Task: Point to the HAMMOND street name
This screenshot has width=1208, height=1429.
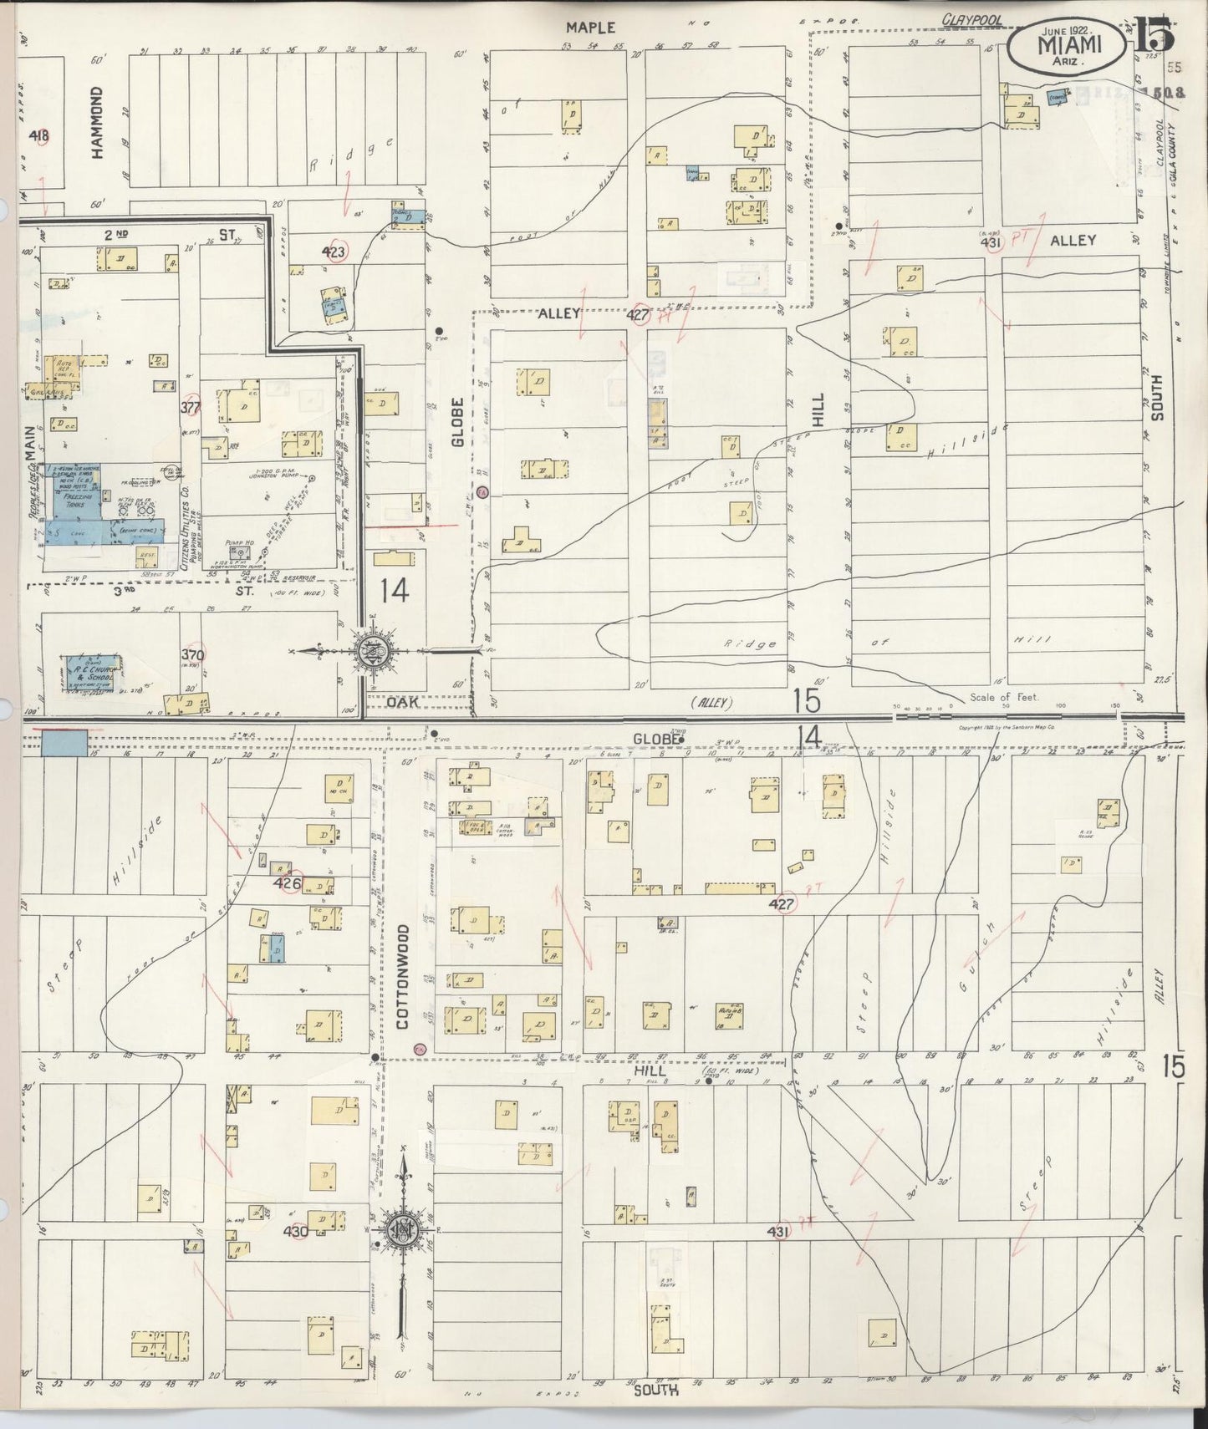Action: [97, 122]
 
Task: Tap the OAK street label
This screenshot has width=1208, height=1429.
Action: [402, 703]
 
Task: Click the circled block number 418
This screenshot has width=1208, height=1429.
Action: [38, 135]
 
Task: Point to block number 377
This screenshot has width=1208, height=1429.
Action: [191, 408]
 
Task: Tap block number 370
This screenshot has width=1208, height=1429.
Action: [193, 655]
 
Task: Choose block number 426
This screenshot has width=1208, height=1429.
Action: [288, 883]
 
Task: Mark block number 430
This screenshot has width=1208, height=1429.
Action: [296, 1231]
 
